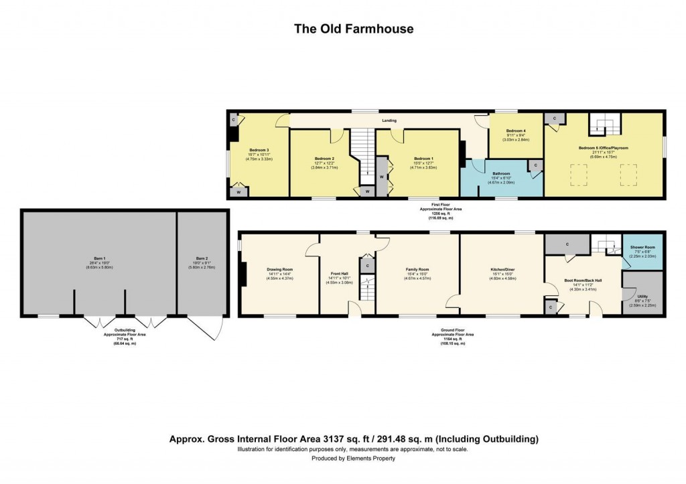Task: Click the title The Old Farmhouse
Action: coord(354,29)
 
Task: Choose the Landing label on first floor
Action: coord(389,120)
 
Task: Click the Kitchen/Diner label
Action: coord(502,269)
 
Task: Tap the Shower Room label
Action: coord(642,247)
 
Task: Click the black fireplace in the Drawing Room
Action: coord(245,274)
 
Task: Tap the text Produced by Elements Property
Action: coord(353,459)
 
